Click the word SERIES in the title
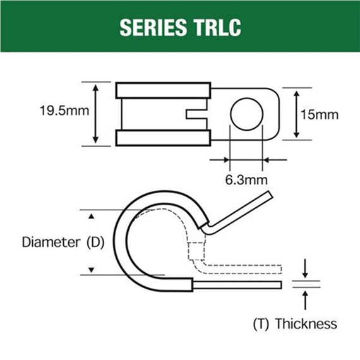click(150, 28)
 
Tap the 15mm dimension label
click(320, 114)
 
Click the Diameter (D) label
click(61, 242)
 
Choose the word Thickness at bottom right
click(306, 324)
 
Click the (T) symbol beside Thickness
click(261, 324)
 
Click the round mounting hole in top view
click(246, 114)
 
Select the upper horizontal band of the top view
click(162, 90)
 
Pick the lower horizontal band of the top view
click(162, 138)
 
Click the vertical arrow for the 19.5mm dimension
click(95, 114)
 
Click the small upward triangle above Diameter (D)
click(92, 216)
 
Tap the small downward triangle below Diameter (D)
click(92, 270)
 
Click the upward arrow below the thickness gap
click(306, 297)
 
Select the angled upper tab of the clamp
click(240, 212)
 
